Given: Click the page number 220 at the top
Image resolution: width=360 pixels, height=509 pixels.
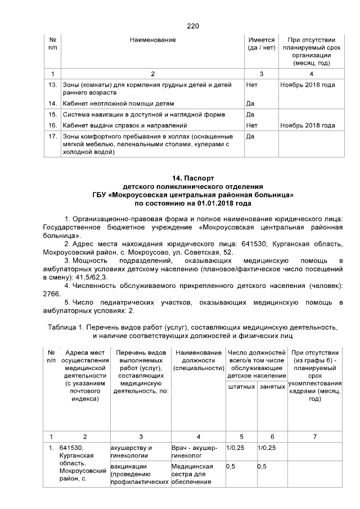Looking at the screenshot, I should (x=192, y=26).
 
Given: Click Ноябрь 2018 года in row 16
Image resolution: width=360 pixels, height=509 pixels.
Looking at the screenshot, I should (x=308, y=125).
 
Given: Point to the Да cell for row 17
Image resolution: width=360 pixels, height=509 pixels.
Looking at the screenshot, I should (x=251, y=136).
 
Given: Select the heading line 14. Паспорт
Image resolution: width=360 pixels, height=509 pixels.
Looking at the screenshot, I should (x=192, y=178).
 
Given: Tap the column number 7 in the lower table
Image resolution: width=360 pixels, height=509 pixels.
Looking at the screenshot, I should (x=314, y=436).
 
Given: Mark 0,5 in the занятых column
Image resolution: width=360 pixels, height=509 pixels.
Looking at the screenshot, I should (x=262, y=466).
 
